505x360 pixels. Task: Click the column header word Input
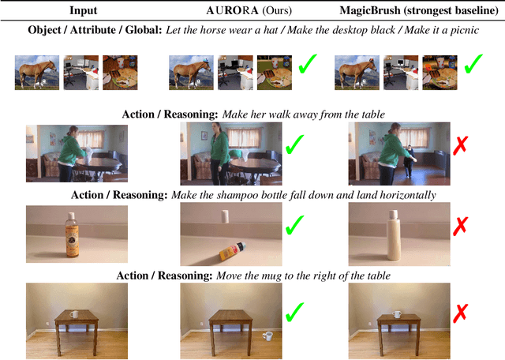[83, 10]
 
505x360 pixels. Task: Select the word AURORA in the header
[232, 10]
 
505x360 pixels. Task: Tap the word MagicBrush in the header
[370, 10]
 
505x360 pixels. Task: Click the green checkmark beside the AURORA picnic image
[308, 64]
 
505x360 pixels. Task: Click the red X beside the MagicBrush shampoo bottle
[460, 225]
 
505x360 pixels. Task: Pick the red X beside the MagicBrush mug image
[460, 313]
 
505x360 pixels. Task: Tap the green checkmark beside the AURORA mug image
[294, 312]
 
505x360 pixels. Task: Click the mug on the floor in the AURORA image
[267, 336]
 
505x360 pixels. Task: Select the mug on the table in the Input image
[74, 314]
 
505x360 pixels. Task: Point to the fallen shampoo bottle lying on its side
[233, 252]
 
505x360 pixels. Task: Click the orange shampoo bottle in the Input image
[72, 235]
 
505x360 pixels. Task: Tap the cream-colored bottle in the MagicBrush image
[394, 234]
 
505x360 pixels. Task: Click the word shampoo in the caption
[237, 196]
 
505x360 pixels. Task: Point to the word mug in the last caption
[271, 276]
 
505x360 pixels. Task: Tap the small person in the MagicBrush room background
[410, 161]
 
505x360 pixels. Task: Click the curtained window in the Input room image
[91, 139]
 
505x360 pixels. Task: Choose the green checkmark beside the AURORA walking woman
[294, 144]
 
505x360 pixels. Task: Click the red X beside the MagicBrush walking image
[460, 145]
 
